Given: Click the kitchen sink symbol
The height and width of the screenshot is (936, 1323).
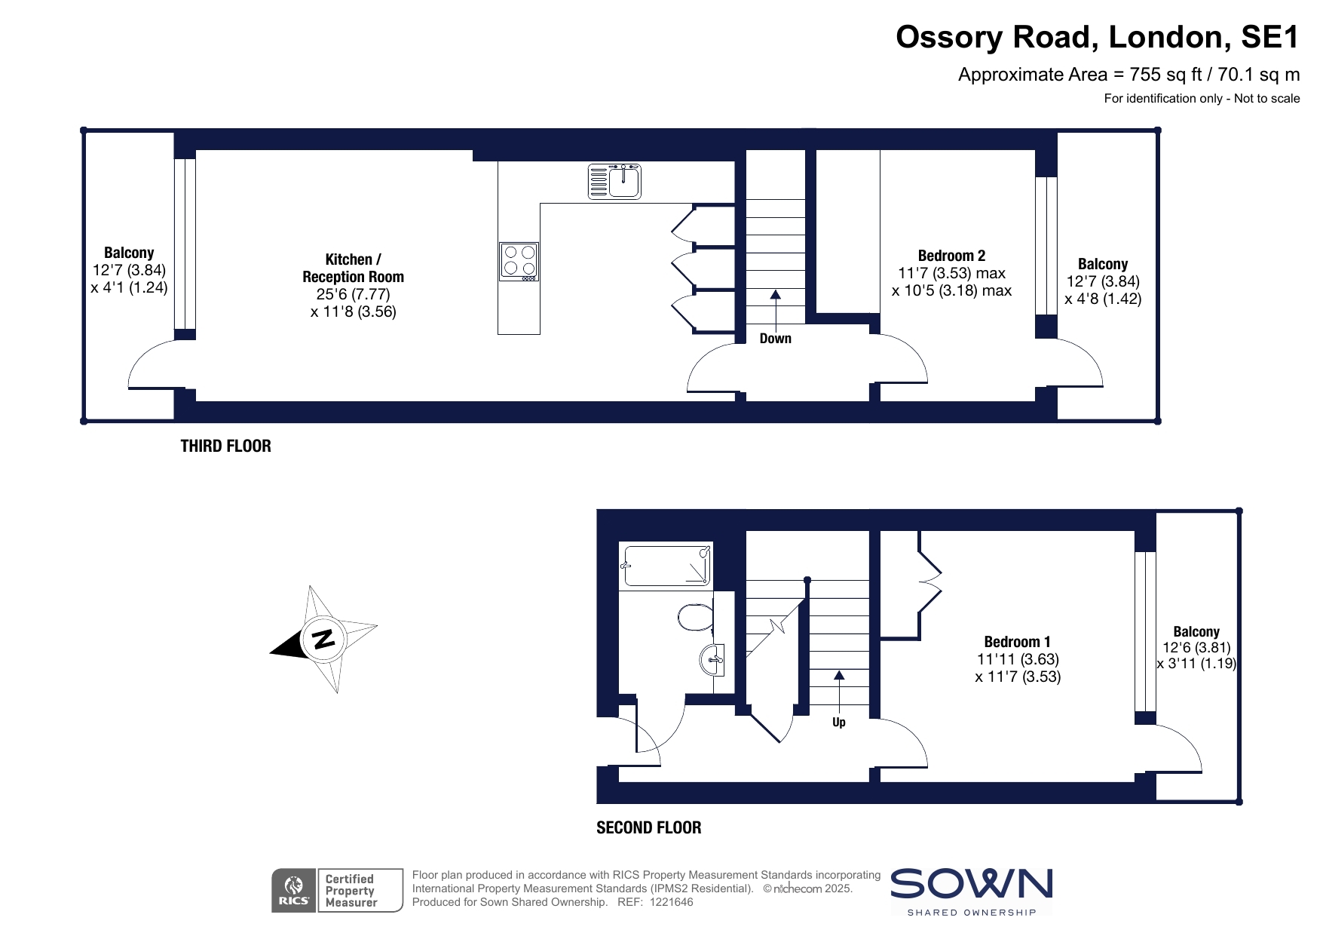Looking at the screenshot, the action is pyautogui.click(x=614, y=181).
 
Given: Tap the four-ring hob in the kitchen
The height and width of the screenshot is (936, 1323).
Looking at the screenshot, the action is pyautogui.click(x=519, y=262).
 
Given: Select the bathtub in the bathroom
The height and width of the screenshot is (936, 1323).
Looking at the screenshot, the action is pyautogui.click(x=666, y=565).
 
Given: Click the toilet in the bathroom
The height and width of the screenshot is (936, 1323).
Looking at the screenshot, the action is pyautogui.click(x=695, y=617).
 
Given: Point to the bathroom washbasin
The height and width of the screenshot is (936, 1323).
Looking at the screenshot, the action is pyautogui.click(x=712, y=660).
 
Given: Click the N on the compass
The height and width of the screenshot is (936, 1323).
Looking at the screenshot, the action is pyautogui.click(x=323, y=639).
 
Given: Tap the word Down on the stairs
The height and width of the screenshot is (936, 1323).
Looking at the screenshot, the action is pyautogui.click(x=776, y=339).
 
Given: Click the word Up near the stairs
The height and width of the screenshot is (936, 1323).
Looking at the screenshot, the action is pyautogui.click(x=839, y=723).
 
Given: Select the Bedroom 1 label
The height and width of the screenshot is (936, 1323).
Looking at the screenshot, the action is pyautogui.click(x=1018, y=642).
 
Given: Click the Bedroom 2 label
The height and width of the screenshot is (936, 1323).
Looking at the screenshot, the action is pyautogui.click(x=952, y=256).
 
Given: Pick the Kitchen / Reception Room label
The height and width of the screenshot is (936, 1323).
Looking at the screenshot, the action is pyautogui.click(x=354, y=268).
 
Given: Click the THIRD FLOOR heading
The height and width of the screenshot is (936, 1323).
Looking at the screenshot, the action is pyautogui.click(x=226, y=446).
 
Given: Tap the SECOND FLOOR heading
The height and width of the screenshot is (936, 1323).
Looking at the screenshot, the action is pyautogui.click(x=649, y=827).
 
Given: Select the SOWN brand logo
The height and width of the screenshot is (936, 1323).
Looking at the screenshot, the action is pyautogui.click(x=972, y=892).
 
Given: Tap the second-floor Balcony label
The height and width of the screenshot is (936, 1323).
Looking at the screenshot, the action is pyautogui.click(x=1196, y=631).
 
